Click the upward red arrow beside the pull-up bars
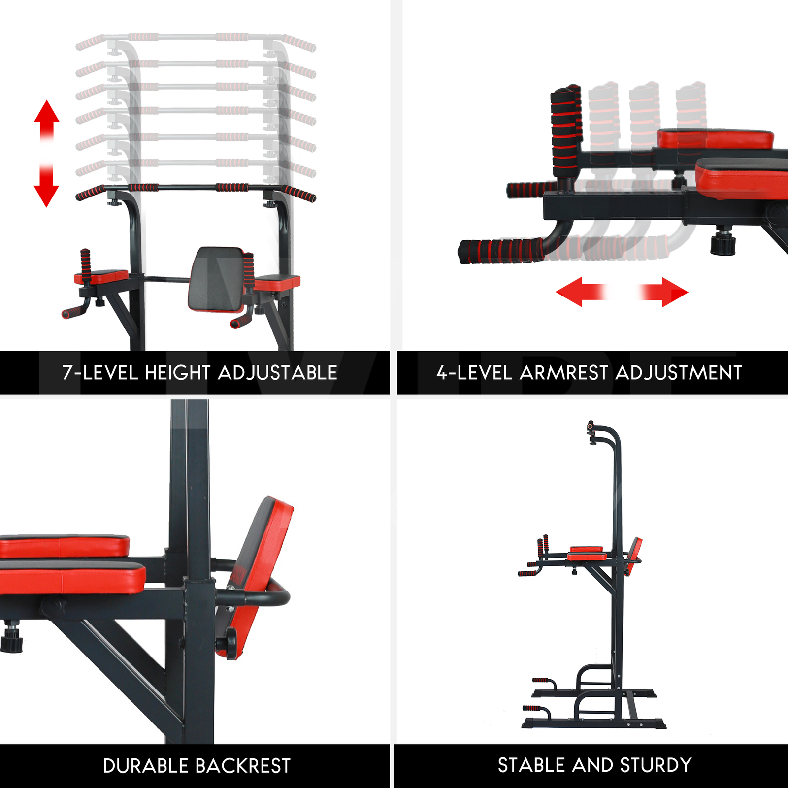coord(47,121)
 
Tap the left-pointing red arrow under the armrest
coord(581,292)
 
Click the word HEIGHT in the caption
coord(178,373)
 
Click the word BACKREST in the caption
coord(243,766)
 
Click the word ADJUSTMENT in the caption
coord(679,373)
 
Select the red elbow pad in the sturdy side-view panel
coord(587,553)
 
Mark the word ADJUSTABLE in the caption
coord(278,373)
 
